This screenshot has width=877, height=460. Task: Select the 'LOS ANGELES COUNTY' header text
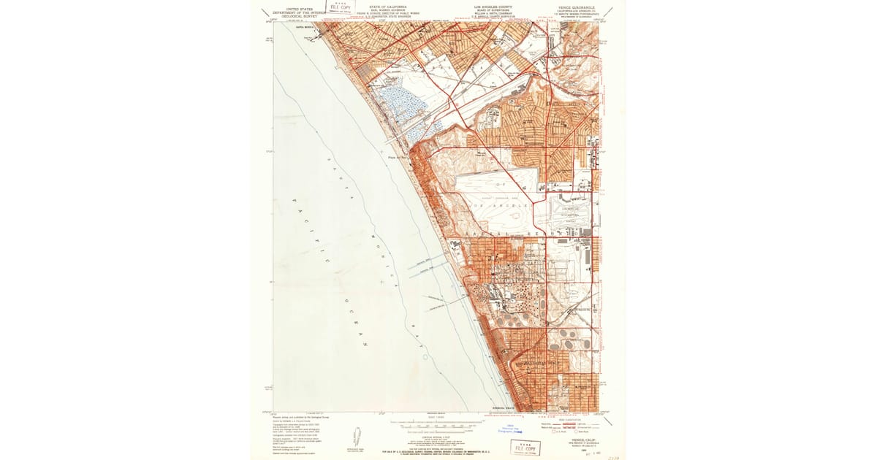click(x=493, y=6)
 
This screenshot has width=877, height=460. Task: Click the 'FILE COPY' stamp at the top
click(x=340, y=7)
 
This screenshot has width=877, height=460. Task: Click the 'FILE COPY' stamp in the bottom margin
click(x=525, y=447)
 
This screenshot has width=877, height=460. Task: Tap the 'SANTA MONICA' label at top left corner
click(x=285, y=26)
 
